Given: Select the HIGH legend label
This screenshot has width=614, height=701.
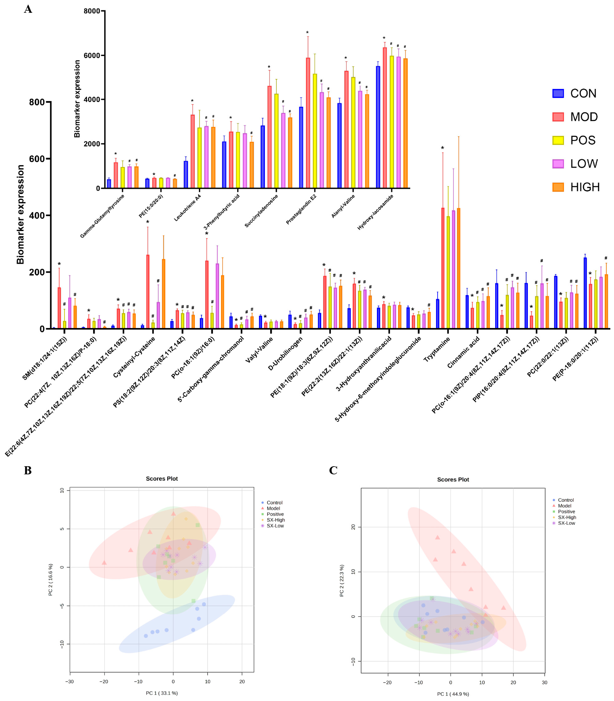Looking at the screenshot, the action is (x=585, y=187).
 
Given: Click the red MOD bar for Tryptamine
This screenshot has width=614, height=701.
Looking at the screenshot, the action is (x=443, y=268).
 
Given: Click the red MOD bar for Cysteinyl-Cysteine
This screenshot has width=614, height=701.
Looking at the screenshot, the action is (x=148, y=291).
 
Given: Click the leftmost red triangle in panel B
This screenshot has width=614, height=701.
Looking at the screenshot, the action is (x=104, y=563).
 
